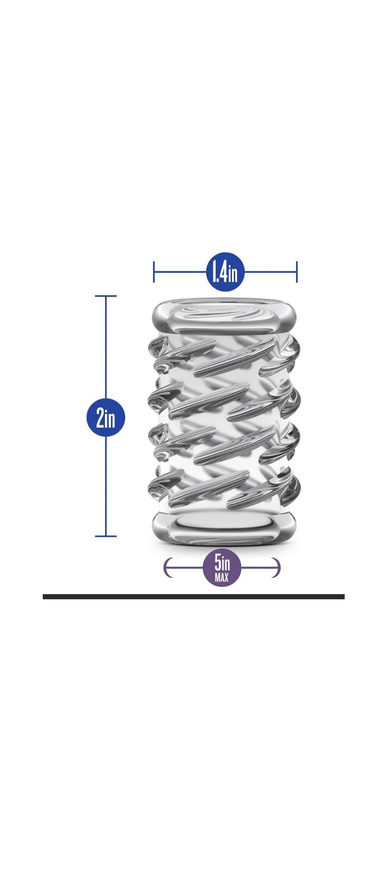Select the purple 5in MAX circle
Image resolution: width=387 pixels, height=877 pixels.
click(222, 567)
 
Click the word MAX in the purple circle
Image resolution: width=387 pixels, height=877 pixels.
click(222, 578)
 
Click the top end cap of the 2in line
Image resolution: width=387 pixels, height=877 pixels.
click(106, 296)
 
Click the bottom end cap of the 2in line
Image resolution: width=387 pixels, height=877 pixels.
click(106, 536)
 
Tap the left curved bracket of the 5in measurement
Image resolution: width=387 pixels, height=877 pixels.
click(167, 568)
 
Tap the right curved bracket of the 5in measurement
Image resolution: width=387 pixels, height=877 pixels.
click(278, 568)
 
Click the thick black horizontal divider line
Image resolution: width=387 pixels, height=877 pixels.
click(193, 596)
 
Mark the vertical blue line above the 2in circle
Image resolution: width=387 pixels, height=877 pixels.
click(106, 346)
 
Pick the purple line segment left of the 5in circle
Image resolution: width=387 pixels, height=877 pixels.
click(186, 568)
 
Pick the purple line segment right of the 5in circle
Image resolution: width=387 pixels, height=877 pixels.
click(259, 568)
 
